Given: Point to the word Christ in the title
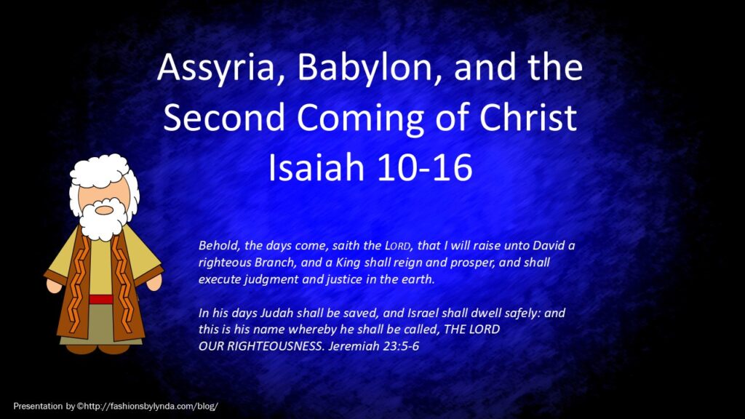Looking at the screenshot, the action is click(528, 117).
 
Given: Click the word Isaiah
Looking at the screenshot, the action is click(316, 167).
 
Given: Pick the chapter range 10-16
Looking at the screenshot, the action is click(423, 168).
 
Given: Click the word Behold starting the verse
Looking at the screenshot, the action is click(217, 246).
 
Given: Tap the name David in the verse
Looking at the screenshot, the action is click(549, 246).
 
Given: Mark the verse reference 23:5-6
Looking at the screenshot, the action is click(402, 346).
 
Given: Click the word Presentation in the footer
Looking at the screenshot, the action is click(38, 406).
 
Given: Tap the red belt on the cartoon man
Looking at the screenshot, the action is click(101, 299).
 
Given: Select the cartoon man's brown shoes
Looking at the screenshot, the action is click(97, 349).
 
